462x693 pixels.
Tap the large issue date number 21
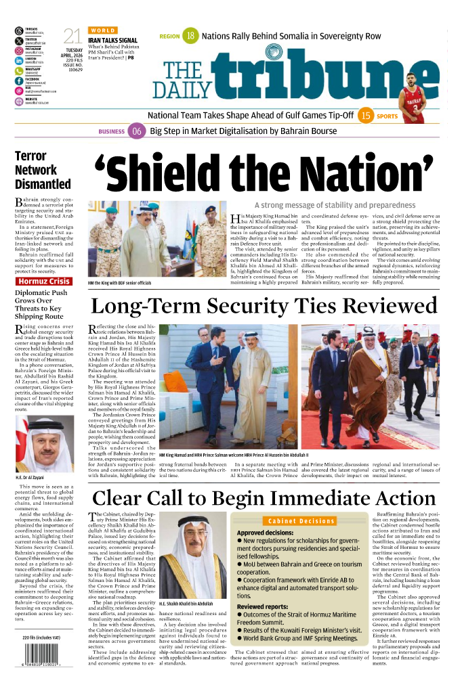click(72, 37)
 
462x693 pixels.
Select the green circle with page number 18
click(191, 36)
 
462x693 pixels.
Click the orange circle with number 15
click(366, 116)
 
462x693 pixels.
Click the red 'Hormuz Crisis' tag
click(43, 282)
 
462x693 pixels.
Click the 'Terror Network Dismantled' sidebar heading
click(43, 170)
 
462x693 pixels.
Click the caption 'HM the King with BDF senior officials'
click(120, 282)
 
